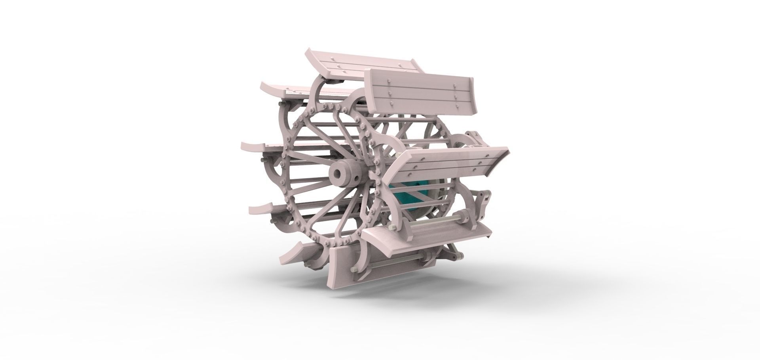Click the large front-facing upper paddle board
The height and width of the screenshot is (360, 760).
tap(420, 91)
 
